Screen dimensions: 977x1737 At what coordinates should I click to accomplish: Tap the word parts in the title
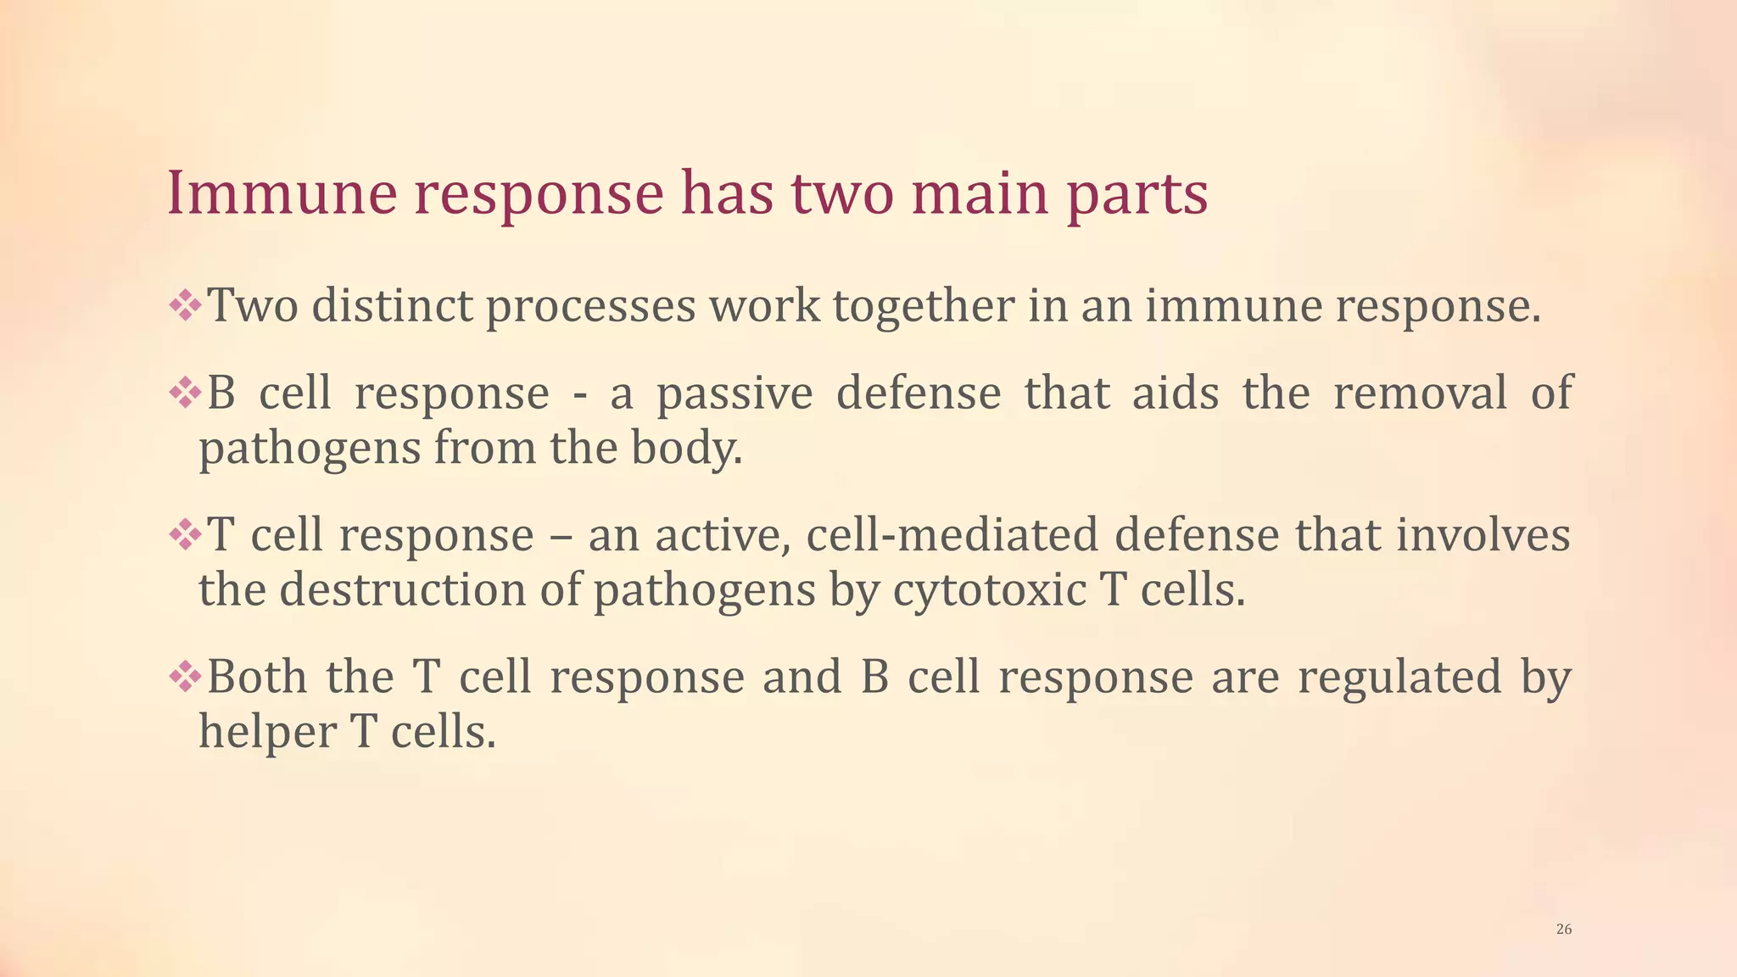[1137, 195]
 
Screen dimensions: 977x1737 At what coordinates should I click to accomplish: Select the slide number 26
[1564, 930]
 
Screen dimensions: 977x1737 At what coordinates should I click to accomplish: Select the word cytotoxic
[989, 590]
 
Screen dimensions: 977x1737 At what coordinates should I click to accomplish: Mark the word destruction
[403, 590]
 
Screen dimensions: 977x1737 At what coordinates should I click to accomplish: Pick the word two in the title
[844, 194]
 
